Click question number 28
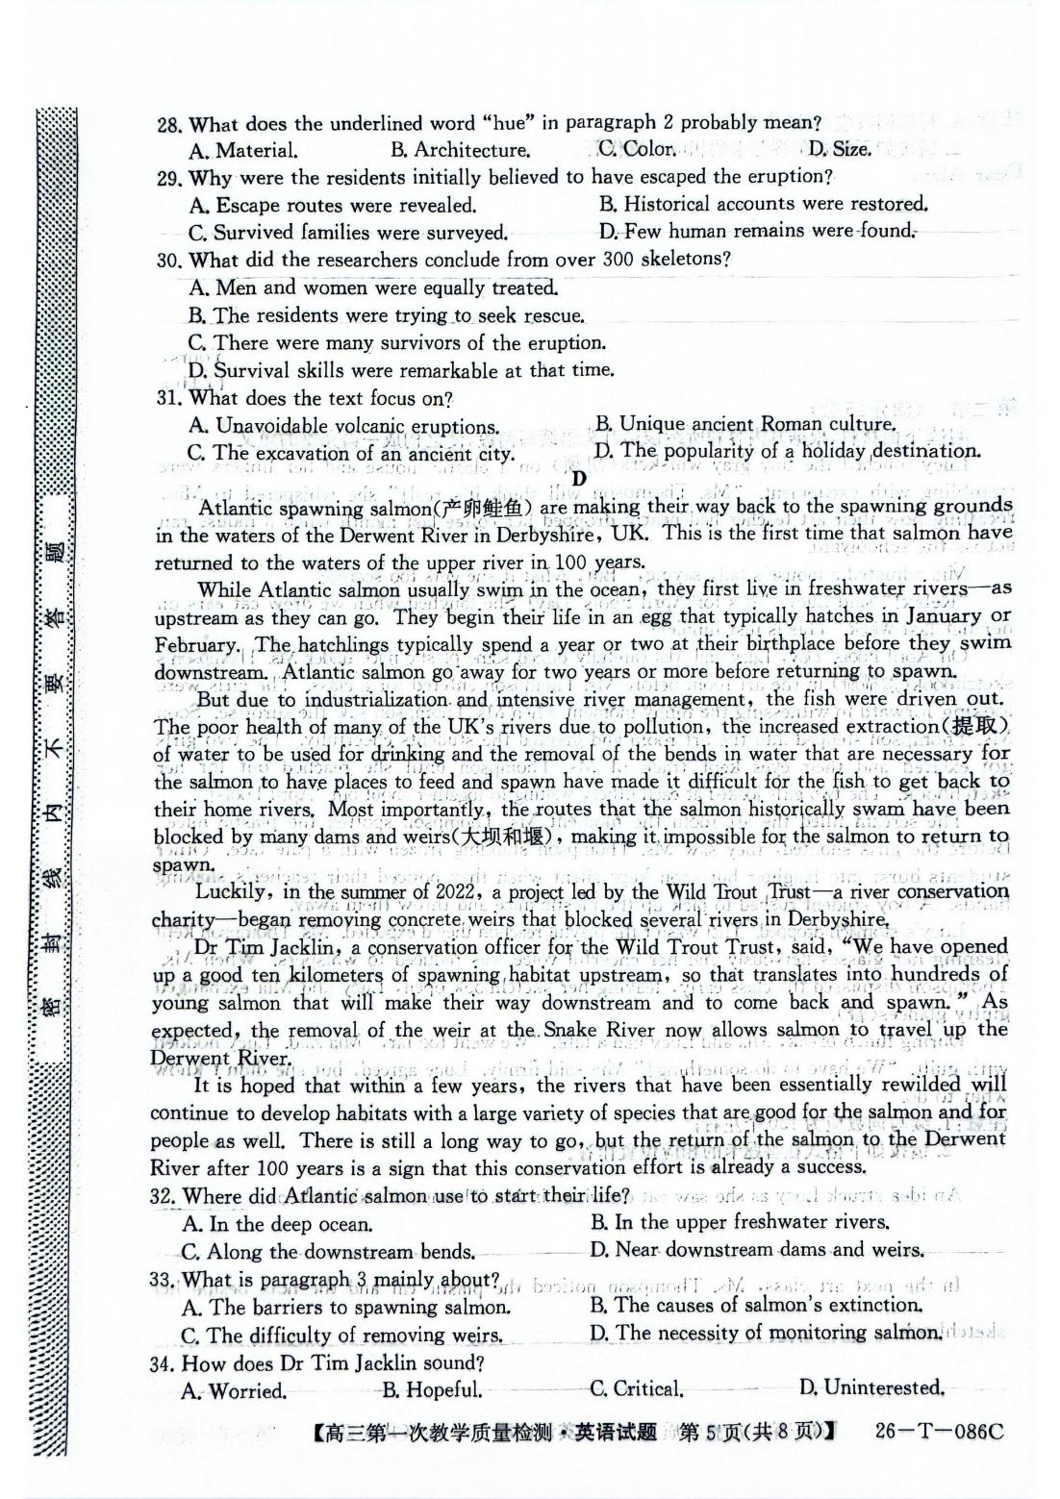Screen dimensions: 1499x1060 tap(169, 125)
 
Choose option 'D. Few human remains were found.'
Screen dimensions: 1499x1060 tap(756, 231)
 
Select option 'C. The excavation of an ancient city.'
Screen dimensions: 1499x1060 tap(351, 453)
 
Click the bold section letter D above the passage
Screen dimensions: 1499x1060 tap(578, 478)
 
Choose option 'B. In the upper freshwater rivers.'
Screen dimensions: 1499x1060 tap(739, 1222)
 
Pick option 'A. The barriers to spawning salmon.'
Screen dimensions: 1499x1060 tap(345, 1308)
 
